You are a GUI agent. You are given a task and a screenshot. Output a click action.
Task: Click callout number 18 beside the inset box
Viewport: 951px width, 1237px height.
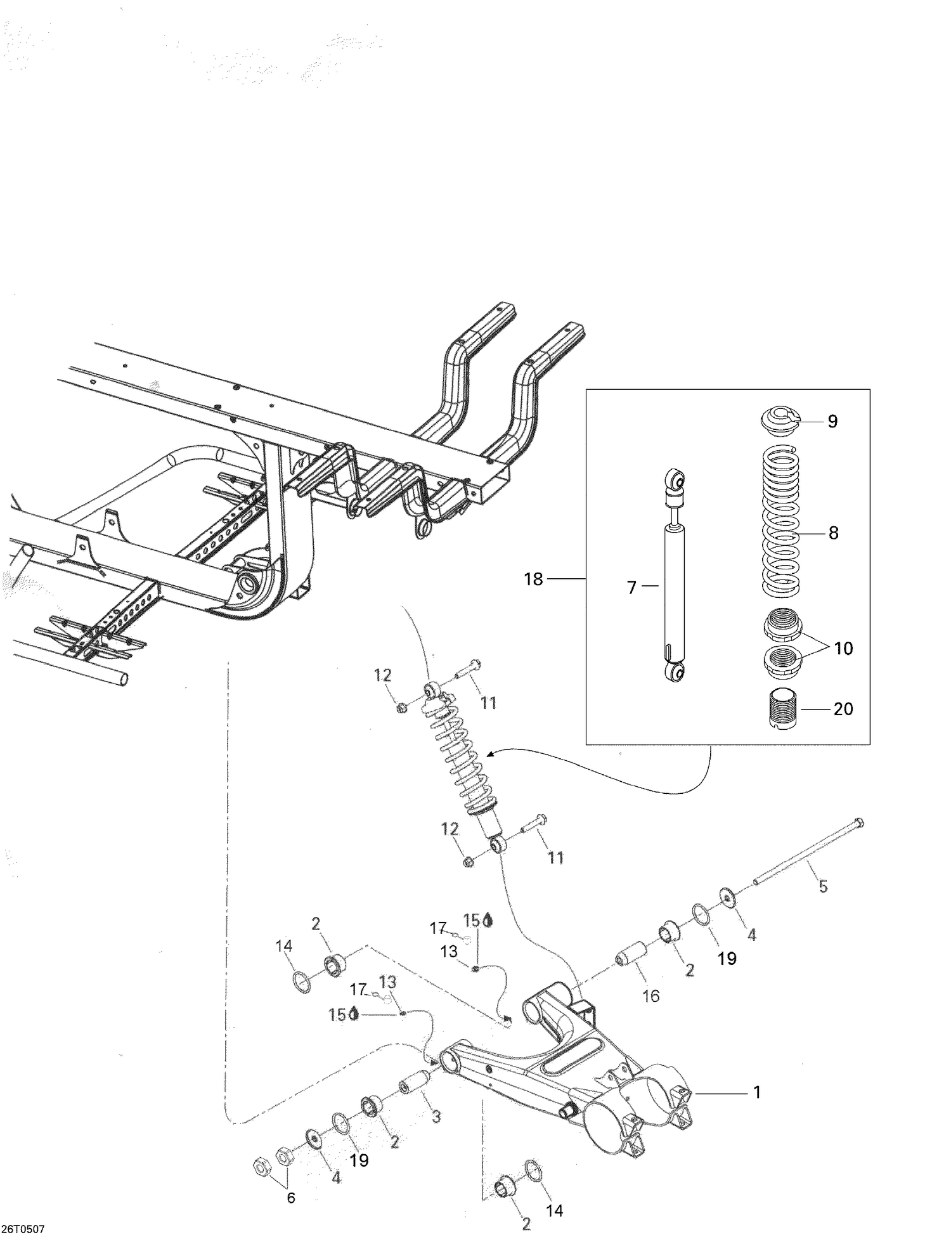coord(533,579)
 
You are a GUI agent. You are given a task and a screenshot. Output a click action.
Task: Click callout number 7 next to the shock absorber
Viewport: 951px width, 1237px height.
coord(631,588)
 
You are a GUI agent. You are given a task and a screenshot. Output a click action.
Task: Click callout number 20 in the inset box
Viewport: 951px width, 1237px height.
coord(843,708)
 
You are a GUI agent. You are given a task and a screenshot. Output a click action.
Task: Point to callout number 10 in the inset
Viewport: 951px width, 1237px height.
coord(844,648)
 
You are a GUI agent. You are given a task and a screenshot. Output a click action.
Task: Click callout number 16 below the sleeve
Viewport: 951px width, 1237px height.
coord(651,995)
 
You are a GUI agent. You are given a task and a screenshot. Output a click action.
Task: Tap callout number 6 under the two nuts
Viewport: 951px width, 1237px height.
coord(290,1197)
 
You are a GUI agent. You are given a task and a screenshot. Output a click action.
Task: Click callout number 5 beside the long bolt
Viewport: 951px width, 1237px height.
coord(823,886)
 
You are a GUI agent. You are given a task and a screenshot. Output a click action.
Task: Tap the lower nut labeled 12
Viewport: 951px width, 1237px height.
coord(469,861)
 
